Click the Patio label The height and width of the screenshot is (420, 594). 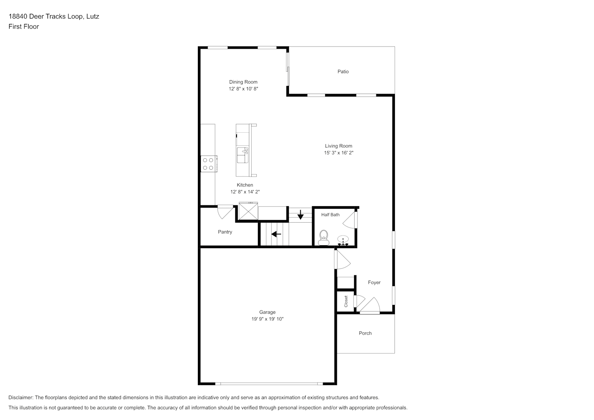(343, 71)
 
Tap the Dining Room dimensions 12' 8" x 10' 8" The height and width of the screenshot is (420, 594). (243, 89)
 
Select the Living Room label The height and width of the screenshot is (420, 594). (339, 146)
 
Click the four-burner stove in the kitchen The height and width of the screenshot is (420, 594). (209, 164)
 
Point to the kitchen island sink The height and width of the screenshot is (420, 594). (243, 155)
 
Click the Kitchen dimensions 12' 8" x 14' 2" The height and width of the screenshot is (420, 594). (245, 192)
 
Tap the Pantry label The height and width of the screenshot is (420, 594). (225, 232)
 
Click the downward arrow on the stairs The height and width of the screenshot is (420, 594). (300, 215)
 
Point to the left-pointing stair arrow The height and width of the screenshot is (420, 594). (276, 234)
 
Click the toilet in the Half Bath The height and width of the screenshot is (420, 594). (323, 238)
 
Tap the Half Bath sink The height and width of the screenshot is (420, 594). (343, 241)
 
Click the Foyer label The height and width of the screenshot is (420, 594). (374, 283)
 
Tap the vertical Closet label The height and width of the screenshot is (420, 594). (346, 302)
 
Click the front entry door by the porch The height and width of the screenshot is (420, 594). (370, 306)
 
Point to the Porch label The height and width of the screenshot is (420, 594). (365, 333)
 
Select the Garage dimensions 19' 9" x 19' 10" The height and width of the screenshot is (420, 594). (268, 319)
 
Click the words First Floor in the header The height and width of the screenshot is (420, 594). (24, 26)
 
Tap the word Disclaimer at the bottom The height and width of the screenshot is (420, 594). (21, 397)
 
